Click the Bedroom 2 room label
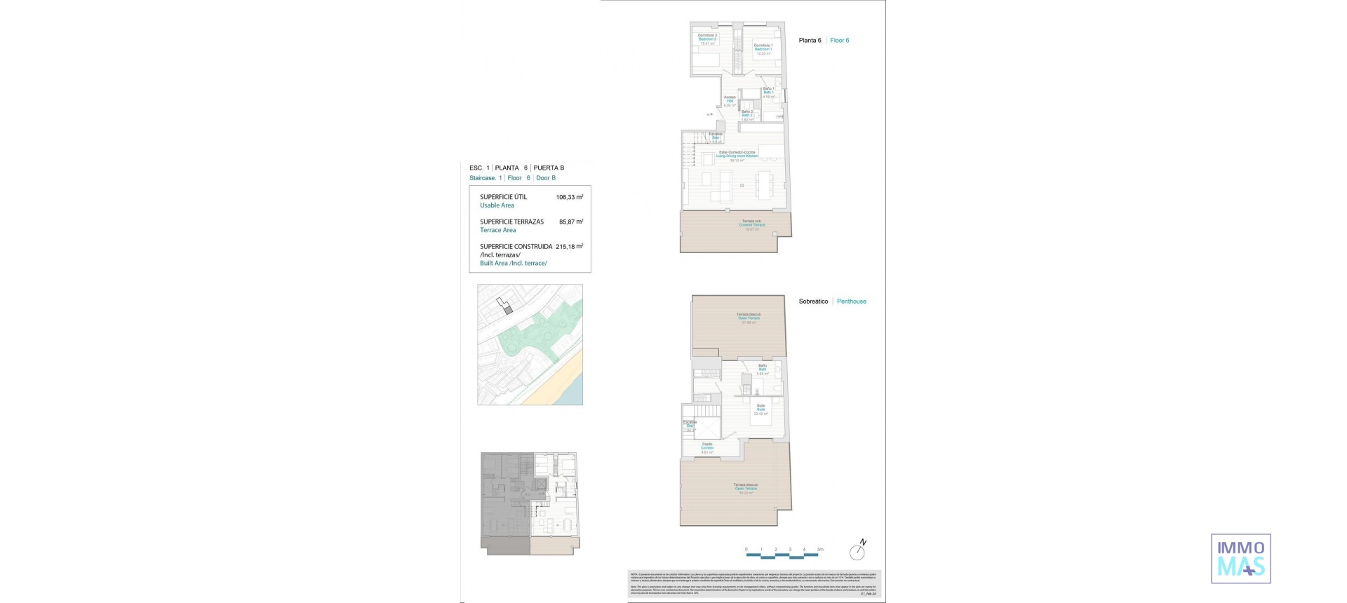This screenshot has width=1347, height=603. point(706,39)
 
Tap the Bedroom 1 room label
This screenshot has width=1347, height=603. point(763,49)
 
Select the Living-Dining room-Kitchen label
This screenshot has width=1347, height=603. point(737,156)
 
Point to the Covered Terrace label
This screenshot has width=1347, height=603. point(751,225)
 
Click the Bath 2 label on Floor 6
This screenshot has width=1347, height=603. point(747,115)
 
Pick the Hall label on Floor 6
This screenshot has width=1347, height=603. point(730,101)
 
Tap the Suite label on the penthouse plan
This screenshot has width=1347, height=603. point(760,409)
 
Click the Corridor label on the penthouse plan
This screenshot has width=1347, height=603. point(707,447)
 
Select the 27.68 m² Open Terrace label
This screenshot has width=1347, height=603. point(748,318)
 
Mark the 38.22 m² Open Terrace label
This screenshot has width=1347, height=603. point(745,489)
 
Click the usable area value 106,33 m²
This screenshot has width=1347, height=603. point(569,198)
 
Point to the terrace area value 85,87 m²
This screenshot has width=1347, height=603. point(570,222)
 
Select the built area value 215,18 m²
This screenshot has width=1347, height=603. point(569,247)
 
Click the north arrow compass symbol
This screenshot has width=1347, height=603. point(857,551)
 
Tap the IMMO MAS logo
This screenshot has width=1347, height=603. point(1240,559)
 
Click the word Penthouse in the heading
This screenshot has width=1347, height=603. point(851,301)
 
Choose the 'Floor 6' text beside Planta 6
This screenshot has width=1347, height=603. point(839,41)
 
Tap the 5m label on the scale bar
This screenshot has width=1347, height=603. point(820,550)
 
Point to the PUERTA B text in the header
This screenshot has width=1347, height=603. point(549,168)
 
